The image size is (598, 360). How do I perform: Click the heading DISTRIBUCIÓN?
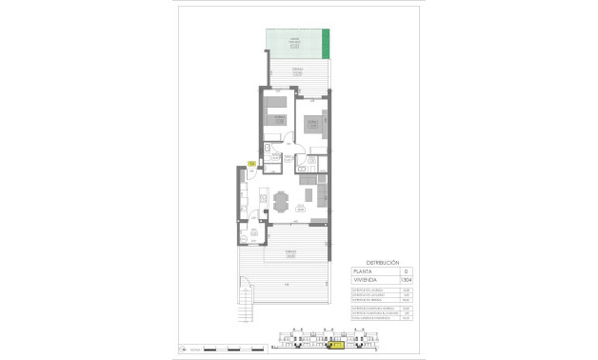[381, 260]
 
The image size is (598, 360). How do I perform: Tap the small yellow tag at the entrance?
[250, 164]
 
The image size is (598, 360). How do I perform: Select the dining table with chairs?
[281, 201]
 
